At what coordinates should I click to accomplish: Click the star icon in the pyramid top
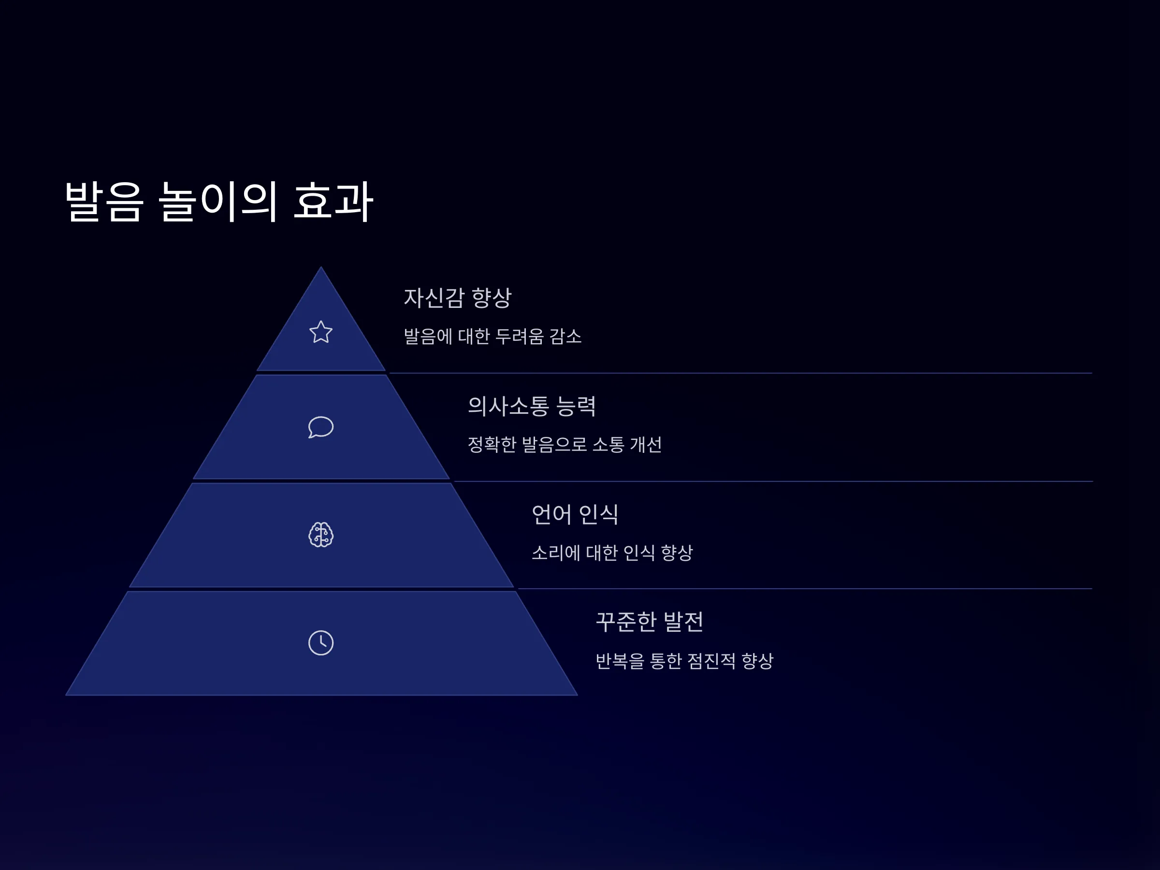(321, 332)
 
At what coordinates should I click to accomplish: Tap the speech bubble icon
(321, 427)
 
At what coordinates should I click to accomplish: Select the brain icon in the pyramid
(321, 535)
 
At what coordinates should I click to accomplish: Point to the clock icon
(321, 643)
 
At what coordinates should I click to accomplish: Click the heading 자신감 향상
(457, 297)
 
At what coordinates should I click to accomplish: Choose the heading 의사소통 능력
(532, 406)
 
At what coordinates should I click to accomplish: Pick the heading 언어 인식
(575, 514)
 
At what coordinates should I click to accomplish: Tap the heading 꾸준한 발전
(650, 622)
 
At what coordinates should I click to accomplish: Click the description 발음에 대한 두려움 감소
(493, 336)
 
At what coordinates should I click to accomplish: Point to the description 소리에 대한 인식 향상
(612, 553)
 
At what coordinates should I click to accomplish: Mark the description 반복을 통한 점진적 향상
(685, 661)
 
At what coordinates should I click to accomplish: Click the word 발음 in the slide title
(104, 202)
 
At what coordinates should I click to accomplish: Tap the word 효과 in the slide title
(333, 202)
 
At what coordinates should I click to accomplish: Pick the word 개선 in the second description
(646, 445)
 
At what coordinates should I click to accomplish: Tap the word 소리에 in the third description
(556, 553)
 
